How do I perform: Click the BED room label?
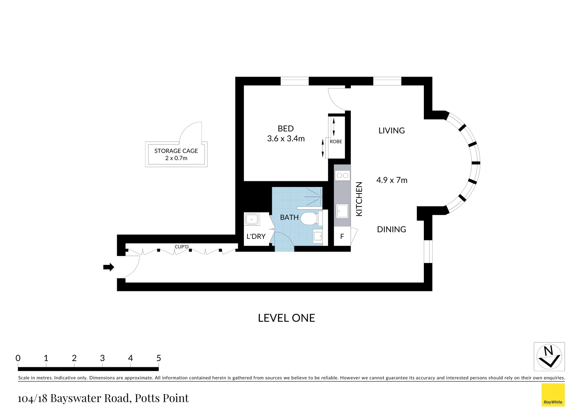286,129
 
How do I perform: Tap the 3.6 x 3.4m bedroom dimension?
286,139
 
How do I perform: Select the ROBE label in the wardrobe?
336,141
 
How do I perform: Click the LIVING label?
391,131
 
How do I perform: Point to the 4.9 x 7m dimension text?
392,180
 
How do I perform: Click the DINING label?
391,230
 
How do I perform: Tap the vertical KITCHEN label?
359,199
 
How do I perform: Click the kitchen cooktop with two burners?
342,176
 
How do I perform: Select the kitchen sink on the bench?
342,210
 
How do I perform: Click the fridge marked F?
342,237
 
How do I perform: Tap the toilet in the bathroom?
309,219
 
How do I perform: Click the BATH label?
289,217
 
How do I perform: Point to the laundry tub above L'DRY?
252,219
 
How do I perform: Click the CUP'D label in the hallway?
181,247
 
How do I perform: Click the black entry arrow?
109,267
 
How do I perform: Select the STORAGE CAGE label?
176,151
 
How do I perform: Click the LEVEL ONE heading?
286,318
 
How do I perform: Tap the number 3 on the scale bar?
102,358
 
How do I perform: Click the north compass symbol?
549,356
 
